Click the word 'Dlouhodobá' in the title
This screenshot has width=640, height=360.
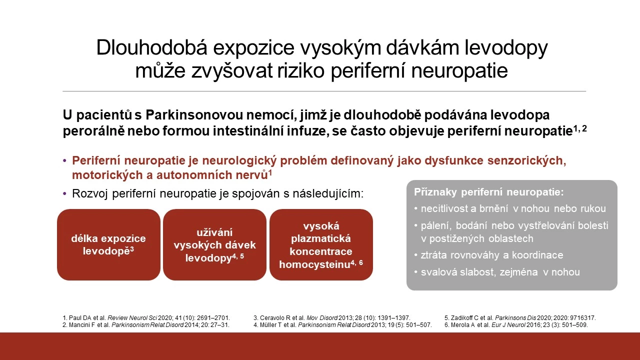[x=151, y=47]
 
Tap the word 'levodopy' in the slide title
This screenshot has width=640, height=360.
[x=506, y=48]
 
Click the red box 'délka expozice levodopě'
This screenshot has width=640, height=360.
[x=108, y=244]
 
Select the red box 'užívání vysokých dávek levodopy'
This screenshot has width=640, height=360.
[x=214, y=244]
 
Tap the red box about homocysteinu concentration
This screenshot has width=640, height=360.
[x=321, y=244]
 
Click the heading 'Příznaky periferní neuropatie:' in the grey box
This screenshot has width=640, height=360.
[x=489, y=192]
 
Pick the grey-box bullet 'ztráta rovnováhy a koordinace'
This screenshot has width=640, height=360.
[x=488, y=255]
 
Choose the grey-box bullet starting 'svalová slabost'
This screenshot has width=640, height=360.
[x=497, y=272]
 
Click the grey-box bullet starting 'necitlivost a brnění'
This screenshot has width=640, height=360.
[x=509, y=208]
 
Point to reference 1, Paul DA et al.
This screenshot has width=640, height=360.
[x=146, y=317]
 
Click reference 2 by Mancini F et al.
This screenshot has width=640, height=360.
[x=145, y=325]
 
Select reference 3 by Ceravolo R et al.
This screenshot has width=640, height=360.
[x=331, y=317]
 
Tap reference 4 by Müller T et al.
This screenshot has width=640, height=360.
[x=342, y=325]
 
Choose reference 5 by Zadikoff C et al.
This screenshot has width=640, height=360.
[x=520, y=317]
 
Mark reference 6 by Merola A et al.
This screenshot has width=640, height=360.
[x=516, y=325]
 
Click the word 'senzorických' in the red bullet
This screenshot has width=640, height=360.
[x=526, y=160]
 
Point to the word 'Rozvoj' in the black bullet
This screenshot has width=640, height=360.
[x=89, y=193]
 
